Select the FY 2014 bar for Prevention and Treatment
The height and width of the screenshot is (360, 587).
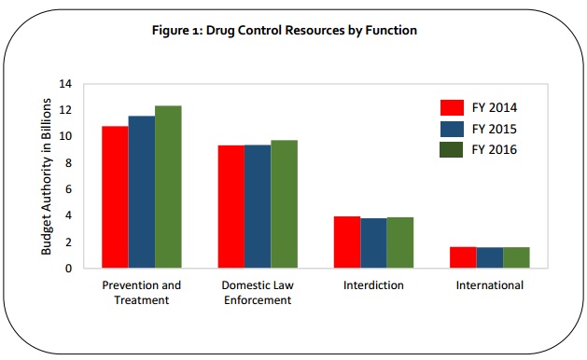point(115,197)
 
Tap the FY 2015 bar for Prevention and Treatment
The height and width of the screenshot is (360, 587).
point(141,192)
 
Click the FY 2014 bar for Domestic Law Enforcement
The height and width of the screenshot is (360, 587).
point(231,206)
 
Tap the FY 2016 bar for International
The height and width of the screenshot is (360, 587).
point(516,257)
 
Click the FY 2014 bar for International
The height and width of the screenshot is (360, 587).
point(463,257)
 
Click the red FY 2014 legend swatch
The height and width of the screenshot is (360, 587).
point(452,105)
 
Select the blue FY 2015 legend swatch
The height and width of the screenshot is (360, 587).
point(452,127)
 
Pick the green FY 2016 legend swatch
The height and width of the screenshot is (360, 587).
point(452,148)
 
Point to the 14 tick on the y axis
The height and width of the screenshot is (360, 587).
point(64,83)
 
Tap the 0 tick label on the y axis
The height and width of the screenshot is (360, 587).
point(67,269)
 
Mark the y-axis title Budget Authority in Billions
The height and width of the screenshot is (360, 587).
point(46,175)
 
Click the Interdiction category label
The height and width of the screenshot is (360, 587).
point(373,284)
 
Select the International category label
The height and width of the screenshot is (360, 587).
point(489,284)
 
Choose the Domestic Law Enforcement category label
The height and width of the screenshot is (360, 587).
point(258,292)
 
